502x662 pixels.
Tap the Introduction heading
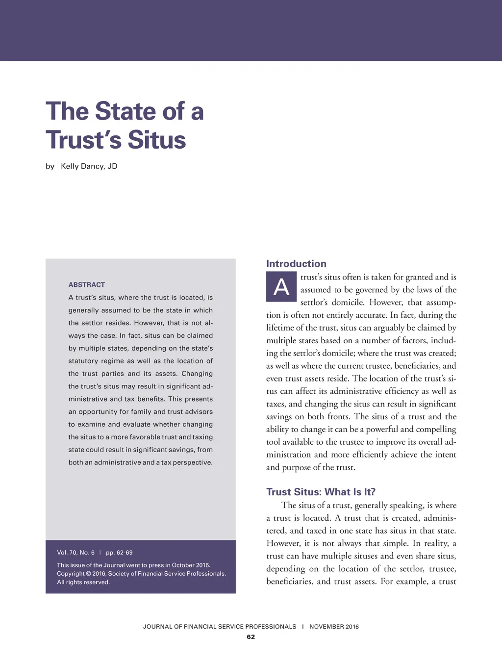pos(296,264)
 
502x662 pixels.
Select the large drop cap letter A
pos(281,286)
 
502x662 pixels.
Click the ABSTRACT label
pos(87,285)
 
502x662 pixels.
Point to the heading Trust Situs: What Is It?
pos(321,492)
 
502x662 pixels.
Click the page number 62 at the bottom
pos(251,637)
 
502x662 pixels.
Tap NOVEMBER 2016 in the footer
pos(334,627)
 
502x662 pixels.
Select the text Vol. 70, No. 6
pos(76,553)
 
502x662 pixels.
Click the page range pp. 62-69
pos(119,553)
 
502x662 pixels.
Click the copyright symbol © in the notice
pos(88,574)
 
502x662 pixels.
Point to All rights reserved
pos(83,582)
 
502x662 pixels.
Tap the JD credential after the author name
pos(112,166)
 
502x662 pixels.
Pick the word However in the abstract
pos(149,323)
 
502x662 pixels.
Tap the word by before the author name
pos(50,166)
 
